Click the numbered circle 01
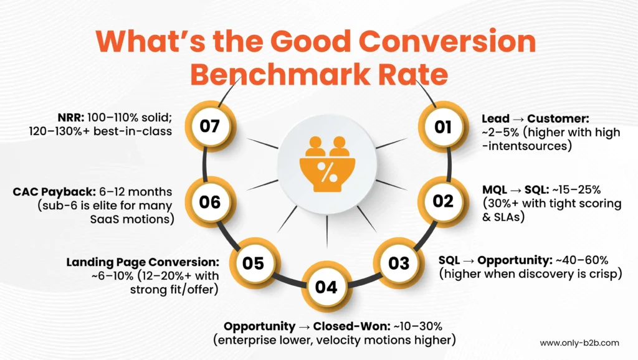443,127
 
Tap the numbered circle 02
443,201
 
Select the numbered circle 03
399,263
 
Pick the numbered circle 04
326,287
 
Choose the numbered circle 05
254,263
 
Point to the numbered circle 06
210,202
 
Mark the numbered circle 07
210,126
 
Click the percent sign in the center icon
327,172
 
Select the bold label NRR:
71,118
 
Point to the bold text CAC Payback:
54,192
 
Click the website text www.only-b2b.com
579,343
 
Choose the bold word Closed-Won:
351,326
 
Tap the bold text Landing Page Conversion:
143,262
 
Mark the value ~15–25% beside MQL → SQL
576,190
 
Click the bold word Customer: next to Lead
558,119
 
